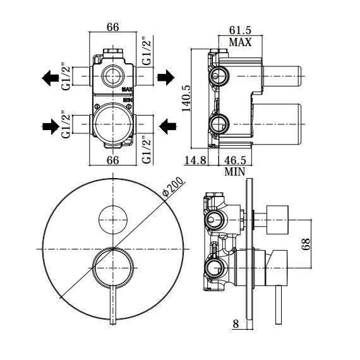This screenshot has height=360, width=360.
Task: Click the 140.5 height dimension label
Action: click(x=186, y=98)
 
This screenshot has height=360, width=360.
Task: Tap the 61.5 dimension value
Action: click(x=240, y=30)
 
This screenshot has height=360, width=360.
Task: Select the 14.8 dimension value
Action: click(x=195, y=160)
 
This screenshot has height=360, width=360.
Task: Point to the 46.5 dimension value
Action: click(x=235, y=160)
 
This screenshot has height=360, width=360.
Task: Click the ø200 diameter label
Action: click(x=173, y=187)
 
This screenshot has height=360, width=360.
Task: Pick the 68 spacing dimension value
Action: click(x=306, y=244)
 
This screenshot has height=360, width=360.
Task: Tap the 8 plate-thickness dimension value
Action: click(x=236, y=324)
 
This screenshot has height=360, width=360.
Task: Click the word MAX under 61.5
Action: click(x=240, y=42)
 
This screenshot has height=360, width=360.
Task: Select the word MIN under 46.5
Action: click(x=235, y=172)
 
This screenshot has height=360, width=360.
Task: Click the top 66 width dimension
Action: click(x=113, y=27)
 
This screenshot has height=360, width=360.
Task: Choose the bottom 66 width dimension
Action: click(x=113, y=160)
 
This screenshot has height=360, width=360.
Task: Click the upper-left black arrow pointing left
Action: click(x=50, y=78)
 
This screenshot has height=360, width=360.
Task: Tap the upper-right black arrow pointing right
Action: click(x=165, y=78)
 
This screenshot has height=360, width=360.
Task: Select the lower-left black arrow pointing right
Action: click(x=51, y=126)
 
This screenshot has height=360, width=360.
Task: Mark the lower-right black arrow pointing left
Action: click(x=168, y=126)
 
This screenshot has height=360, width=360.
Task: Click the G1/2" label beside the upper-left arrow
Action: click(x=66, y=76)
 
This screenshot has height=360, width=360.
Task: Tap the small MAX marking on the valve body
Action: click(x=127, y=89)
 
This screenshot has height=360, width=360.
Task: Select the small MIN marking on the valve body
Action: click(x=127, y=100)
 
